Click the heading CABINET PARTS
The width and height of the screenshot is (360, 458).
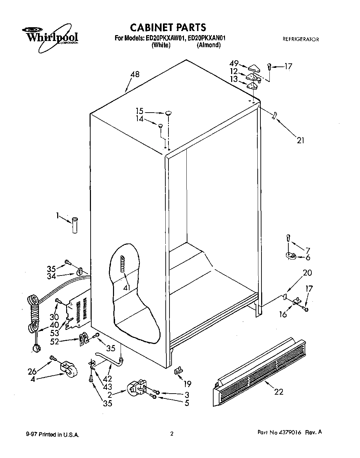pos(168,27)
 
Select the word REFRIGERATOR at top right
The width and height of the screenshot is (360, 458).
pos(300,39)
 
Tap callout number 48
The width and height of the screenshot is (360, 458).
pos(135,74)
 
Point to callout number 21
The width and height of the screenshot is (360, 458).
pos(300,140)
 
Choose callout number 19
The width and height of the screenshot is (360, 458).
pos(187,383)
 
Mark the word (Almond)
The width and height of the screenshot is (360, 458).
pos(208,45)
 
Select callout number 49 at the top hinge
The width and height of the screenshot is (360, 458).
pos(234,63)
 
